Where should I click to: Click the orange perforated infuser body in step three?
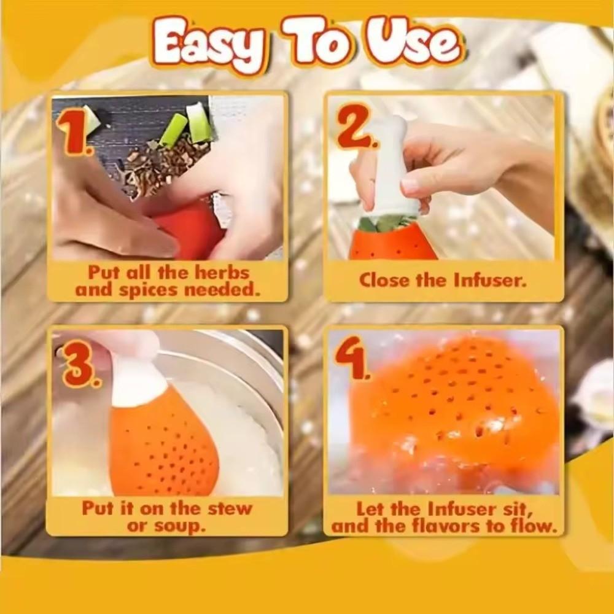163,448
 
